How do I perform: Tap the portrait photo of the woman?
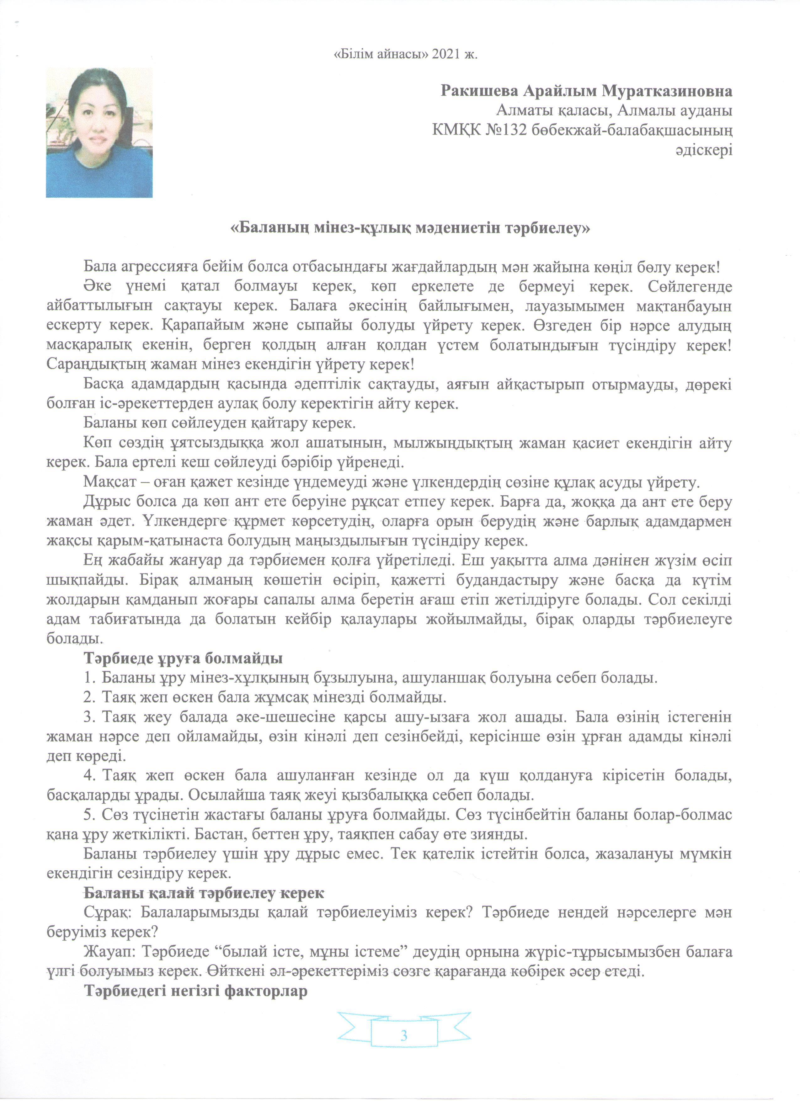(x=99, y=132)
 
